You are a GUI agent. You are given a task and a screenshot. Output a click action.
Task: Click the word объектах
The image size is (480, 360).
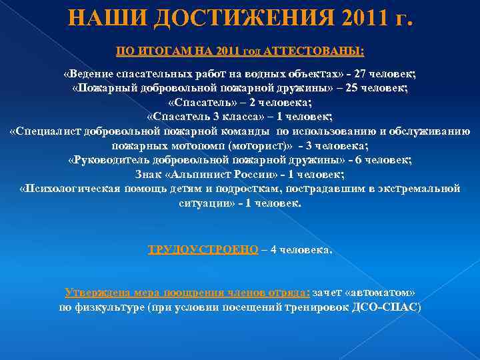315,74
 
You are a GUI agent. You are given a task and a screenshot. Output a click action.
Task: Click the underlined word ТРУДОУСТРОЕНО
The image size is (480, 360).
203,250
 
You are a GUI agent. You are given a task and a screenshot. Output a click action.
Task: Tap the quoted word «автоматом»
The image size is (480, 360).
382,293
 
